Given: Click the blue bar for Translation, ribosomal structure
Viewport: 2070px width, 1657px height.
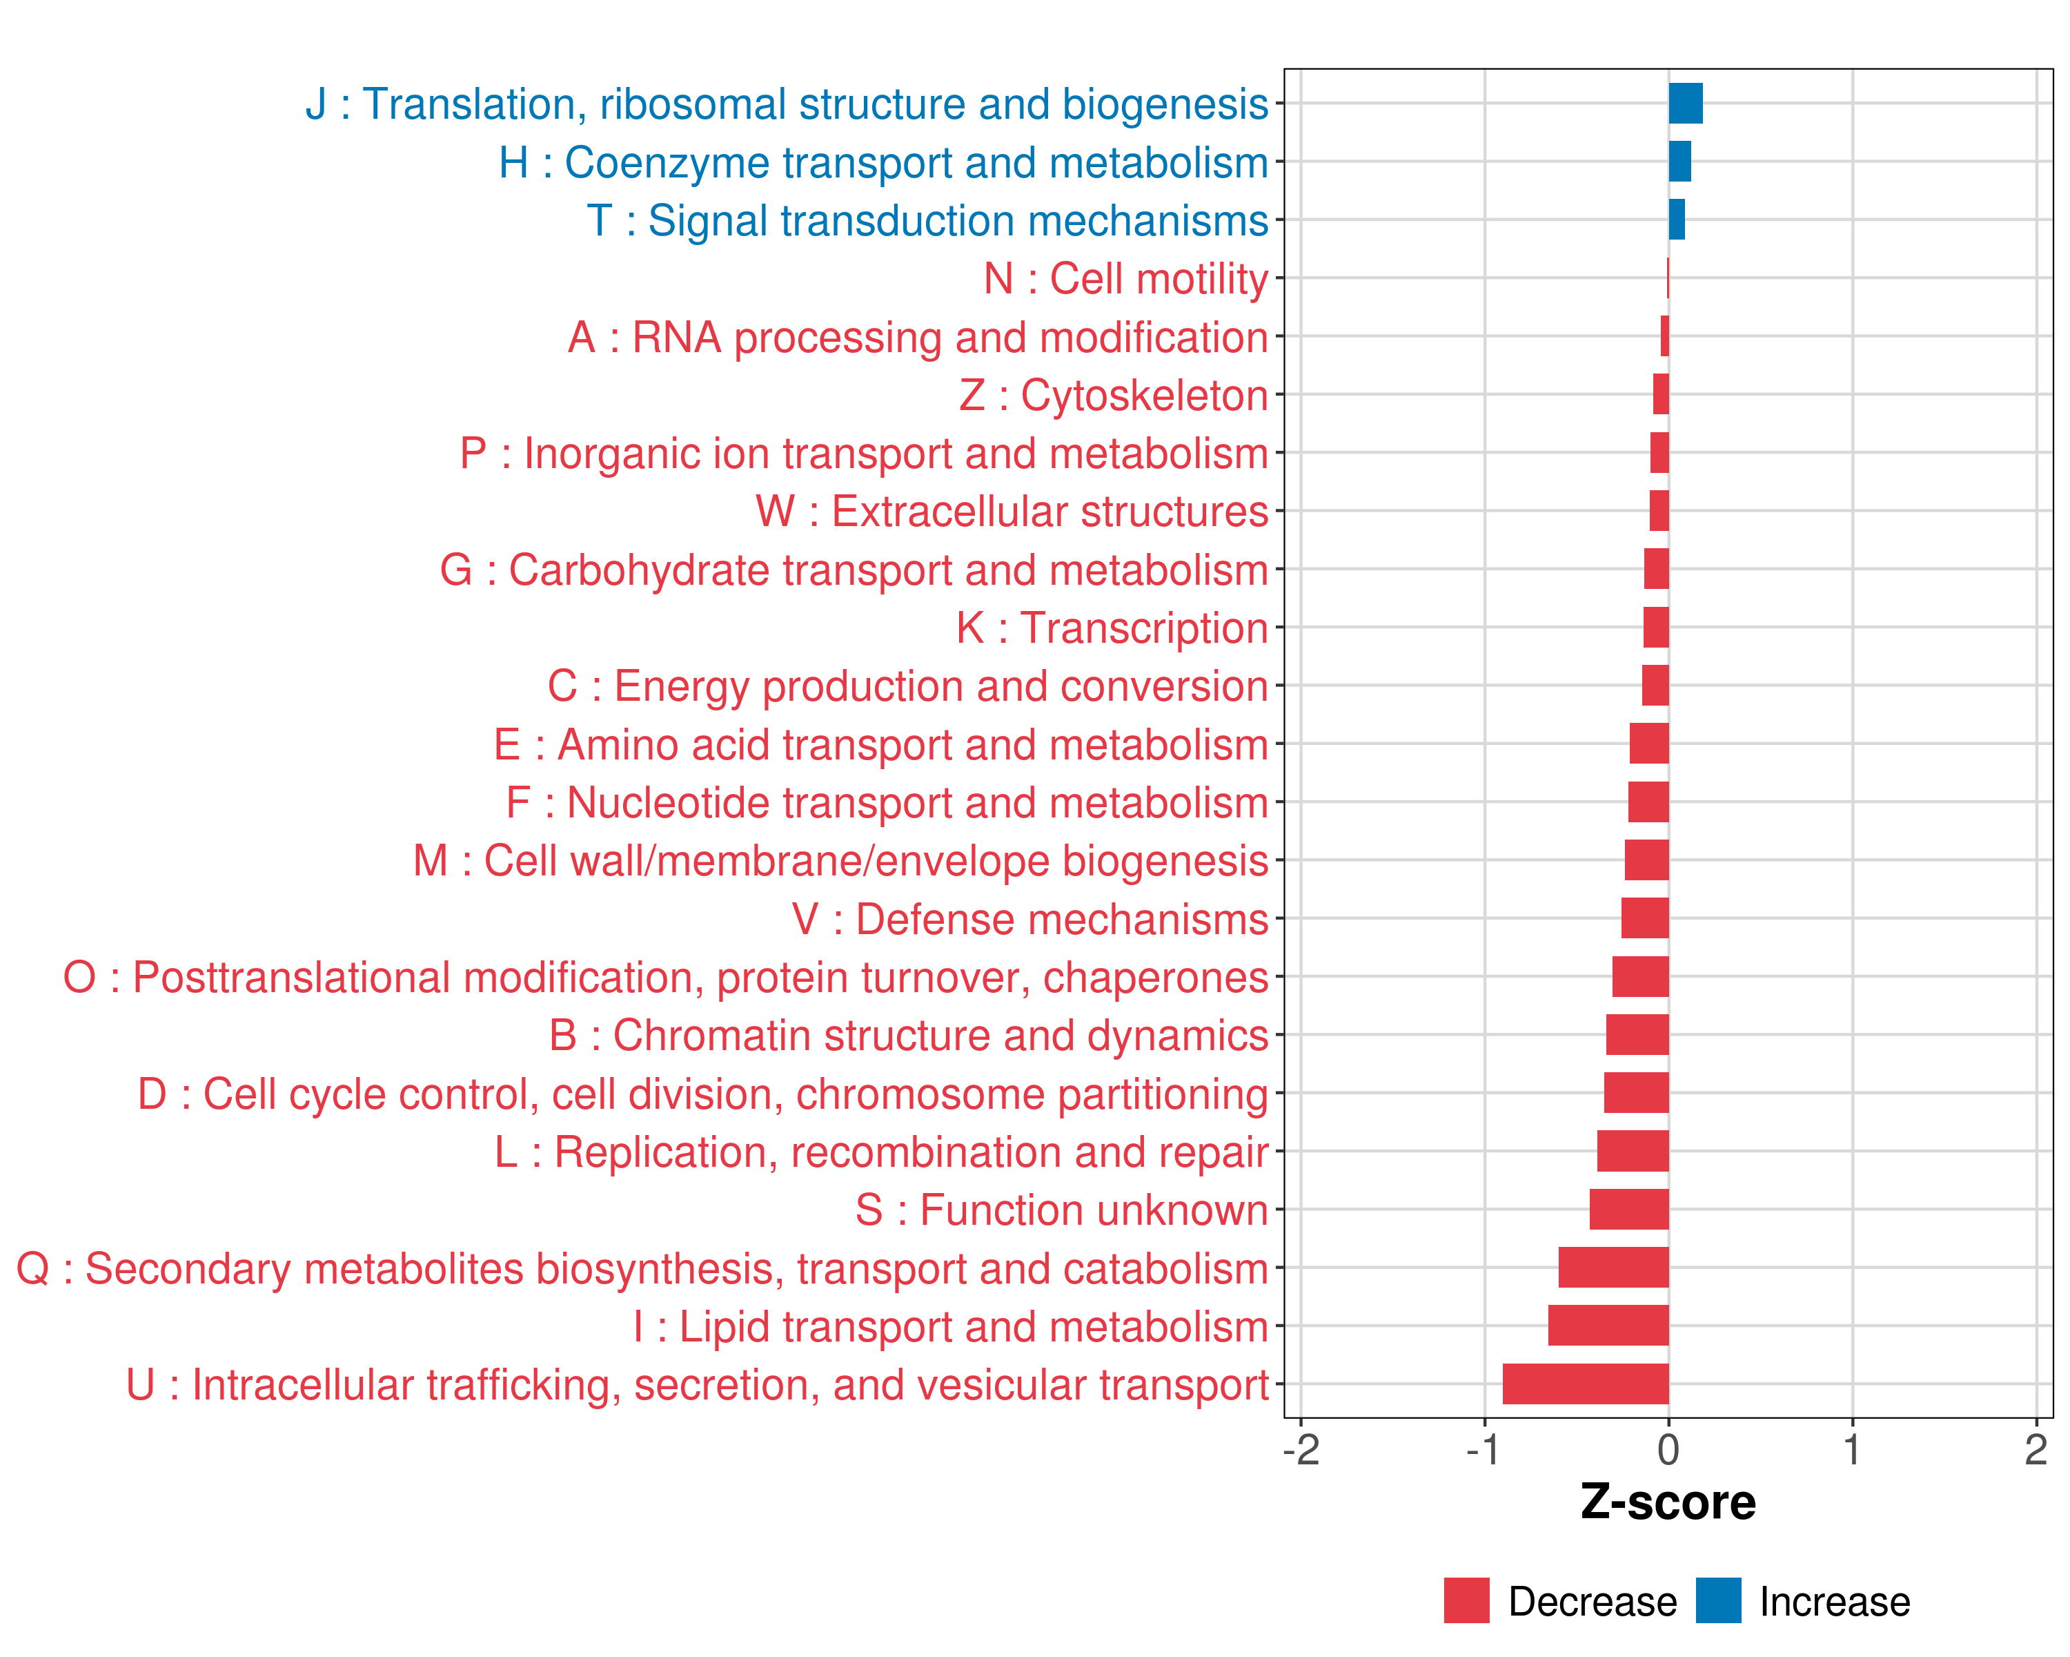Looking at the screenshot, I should [1685, 104].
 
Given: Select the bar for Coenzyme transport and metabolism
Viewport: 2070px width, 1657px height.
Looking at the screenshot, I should [1679, 162].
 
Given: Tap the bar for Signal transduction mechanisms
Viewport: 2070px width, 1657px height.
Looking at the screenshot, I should [1676, 220].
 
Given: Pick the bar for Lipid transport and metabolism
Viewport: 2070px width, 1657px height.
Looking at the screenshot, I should [1608, 1326].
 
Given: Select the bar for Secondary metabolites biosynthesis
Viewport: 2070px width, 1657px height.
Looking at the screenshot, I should [1613, 1268].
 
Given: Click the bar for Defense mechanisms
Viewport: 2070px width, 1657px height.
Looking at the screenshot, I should [1645, 918].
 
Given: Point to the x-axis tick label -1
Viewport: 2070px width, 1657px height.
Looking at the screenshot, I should [1483, 1449].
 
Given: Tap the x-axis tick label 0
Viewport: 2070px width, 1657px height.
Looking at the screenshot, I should [1668, 1449].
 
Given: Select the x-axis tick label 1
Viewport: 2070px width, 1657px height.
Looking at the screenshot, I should [1852, 1449].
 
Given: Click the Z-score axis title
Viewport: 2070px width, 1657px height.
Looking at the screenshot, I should [1668, 1502].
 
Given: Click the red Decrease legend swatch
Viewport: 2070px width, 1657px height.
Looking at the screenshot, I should [1466, 1600].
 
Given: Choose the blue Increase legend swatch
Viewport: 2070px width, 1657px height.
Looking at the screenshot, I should [1717, 1600].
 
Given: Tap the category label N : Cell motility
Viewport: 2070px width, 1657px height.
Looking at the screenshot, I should [1125, 280].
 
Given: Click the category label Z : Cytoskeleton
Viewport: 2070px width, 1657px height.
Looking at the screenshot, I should [1114, 396].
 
